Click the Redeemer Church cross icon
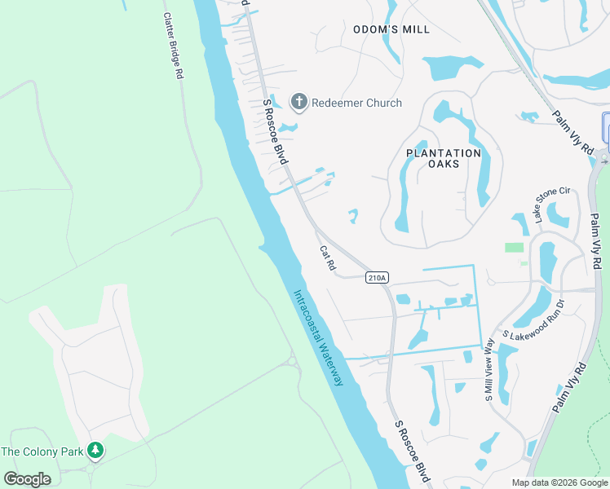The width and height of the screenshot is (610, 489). pos(298,103)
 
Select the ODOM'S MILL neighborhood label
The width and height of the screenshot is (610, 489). pos(391,29)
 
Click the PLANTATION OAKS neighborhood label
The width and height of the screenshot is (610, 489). pos(444,158)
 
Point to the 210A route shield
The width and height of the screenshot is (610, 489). pos(376,278)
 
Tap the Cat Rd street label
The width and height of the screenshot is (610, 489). pos(328,260)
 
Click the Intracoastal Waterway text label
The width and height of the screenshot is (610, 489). pos(319,337)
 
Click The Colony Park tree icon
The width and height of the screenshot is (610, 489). pos(95,450)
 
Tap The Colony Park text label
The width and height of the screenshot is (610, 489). pos(42,451)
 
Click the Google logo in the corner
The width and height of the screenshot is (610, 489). pos(27,478)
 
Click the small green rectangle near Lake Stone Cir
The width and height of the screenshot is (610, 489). pos(514,247)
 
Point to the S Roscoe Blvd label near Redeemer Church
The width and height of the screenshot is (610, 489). pos(275,132)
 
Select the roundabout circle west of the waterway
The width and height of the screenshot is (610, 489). pos(291,361)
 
